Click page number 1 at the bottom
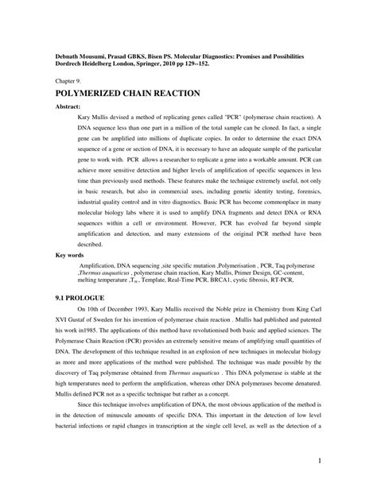319,461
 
